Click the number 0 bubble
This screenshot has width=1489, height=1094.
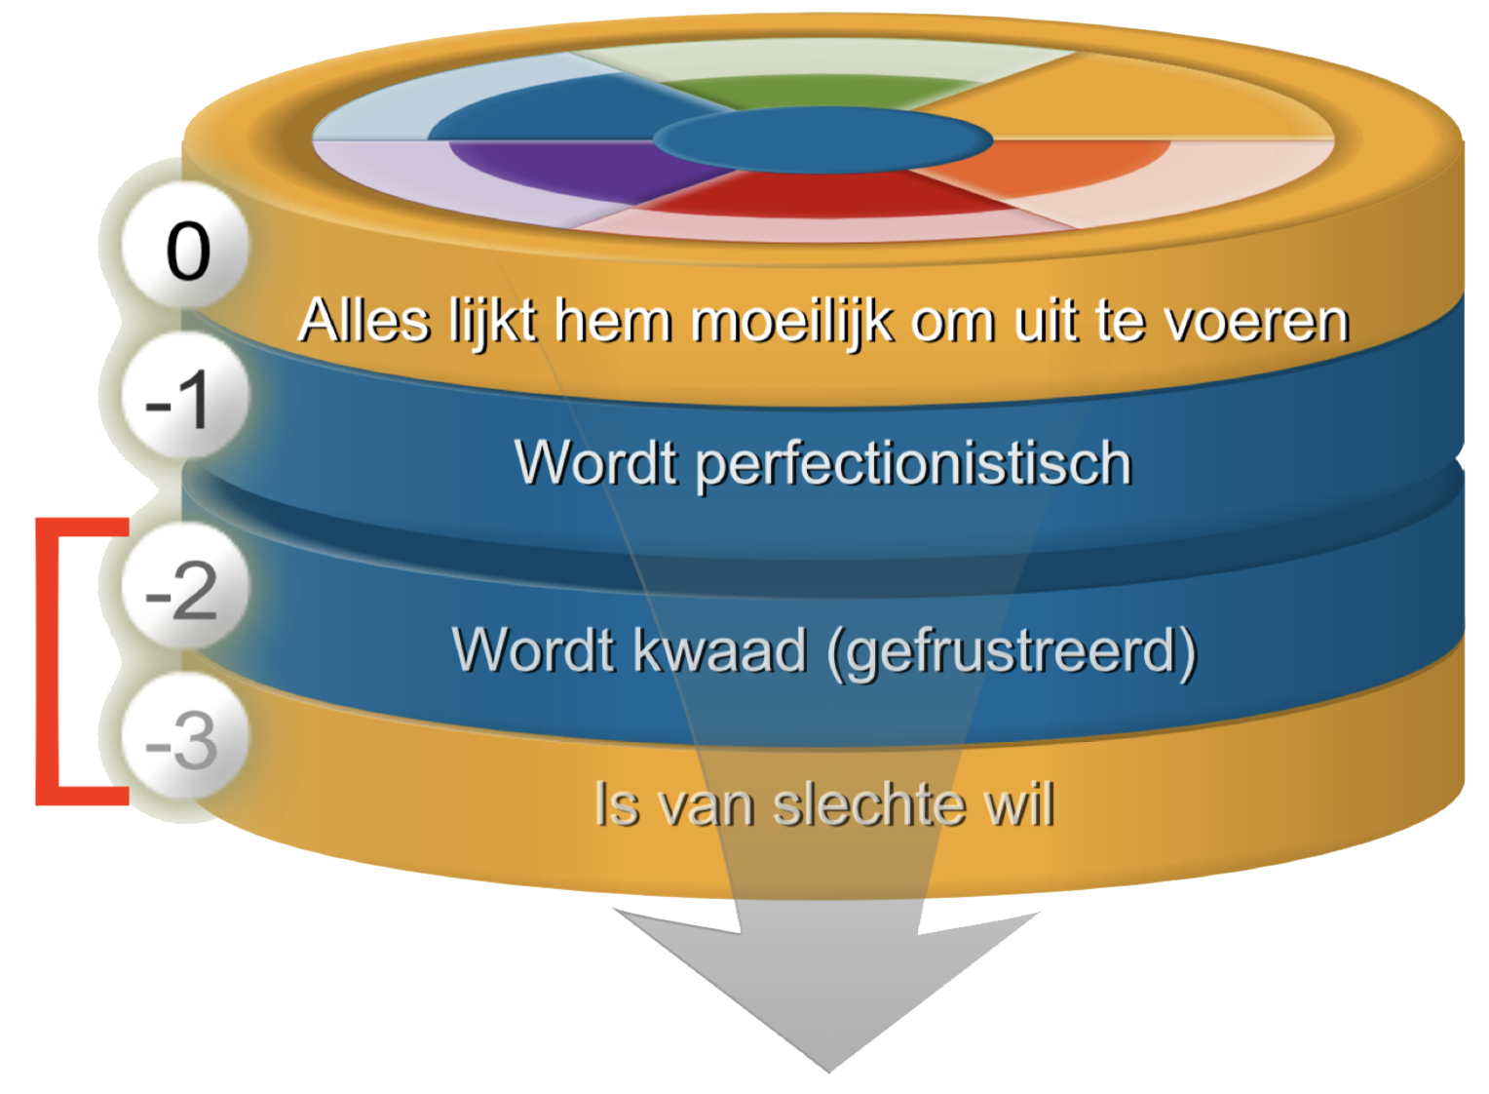coord(185,244)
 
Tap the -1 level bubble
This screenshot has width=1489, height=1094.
coord(185,395)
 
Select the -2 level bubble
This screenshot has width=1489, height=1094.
coord(185,585)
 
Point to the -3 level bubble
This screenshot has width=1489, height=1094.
coord(185,735)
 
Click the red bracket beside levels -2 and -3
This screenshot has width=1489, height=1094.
coord(48,661)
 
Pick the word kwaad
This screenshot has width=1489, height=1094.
coord(720,649)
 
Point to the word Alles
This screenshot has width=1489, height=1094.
coord(364,321)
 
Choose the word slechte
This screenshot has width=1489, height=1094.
coord(871,804)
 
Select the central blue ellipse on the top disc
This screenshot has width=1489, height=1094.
coord(822,140)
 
